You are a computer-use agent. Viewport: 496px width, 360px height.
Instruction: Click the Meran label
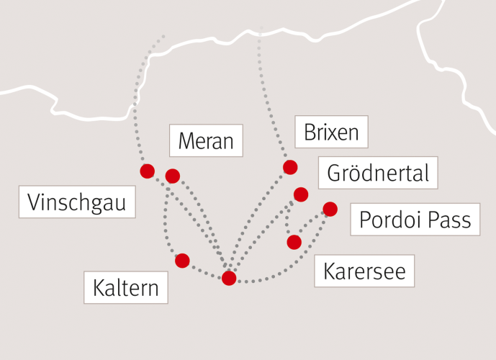[205, 140]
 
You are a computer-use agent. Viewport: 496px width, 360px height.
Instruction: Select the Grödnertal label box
[377, 173]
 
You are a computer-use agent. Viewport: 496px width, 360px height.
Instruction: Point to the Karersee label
[364, 271]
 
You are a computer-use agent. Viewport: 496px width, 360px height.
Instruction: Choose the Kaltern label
[126, 288]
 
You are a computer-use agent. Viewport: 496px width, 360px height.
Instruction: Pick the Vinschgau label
[76, 202]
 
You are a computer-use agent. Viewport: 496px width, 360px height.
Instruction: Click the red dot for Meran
[173, 176]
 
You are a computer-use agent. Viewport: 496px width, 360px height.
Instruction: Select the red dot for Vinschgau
[147, 171]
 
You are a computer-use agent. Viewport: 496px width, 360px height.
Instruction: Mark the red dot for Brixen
[290, 167]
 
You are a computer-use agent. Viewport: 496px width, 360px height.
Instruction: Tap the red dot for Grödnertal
[301, 194]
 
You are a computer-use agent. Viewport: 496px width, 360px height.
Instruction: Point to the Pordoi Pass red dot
[330, 209]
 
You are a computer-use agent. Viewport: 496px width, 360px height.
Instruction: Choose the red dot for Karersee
[294, 242]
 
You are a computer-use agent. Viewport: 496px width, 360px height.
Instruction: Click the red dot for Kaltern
[182, 261]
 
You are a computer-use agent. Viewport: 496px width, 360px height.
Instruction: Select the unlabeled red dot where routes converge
[229, 278]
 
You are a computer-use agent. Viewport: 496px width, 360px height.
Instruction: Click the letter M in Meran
[185, 140]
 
